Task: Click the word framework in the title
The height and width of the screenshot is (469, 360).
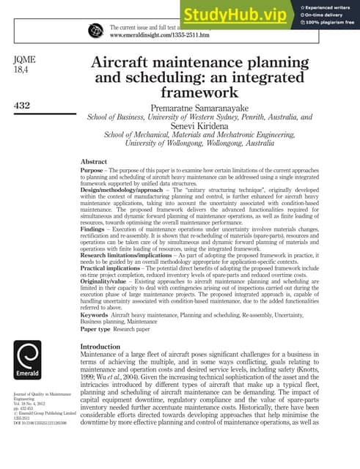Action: click(x=199, y=93)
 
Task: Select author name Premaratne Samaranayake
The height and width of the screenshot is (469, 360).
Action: click(x=199, y=107)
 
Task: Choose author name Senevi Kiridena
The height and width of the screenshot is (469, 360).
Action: click(x=199, y=125)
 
